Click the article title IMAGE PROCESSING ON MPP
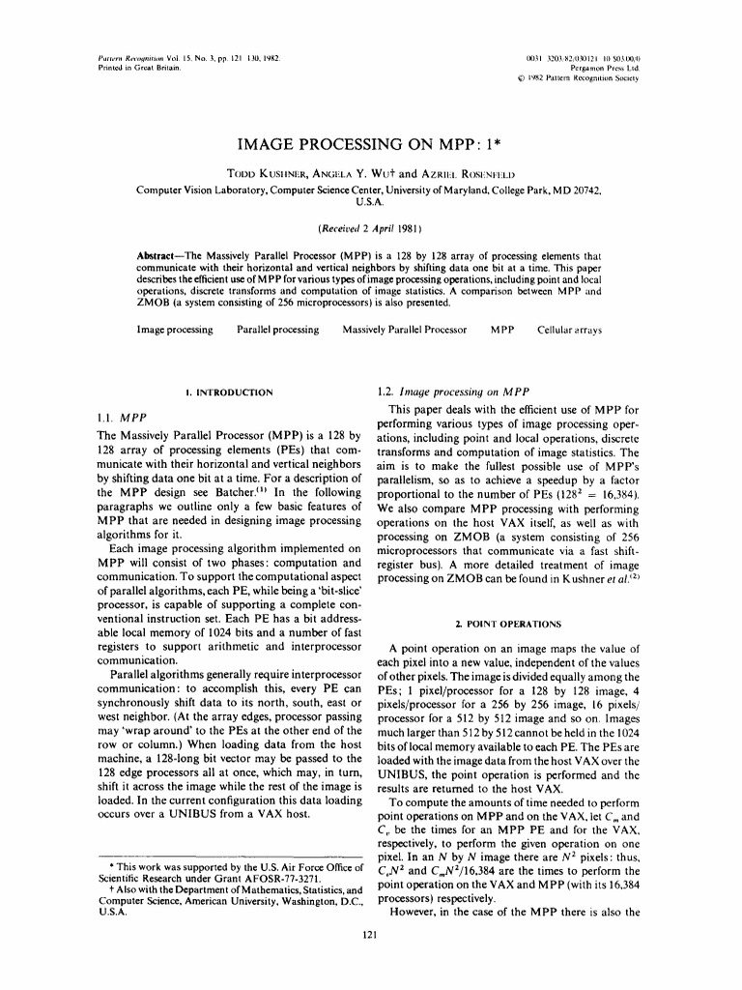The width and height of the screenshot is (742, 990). click(370, 145)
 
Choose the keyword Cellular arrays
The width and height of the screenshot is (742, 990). click(569, 331)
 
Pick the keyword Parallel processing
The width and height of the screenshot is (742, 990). click(277, 331)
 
